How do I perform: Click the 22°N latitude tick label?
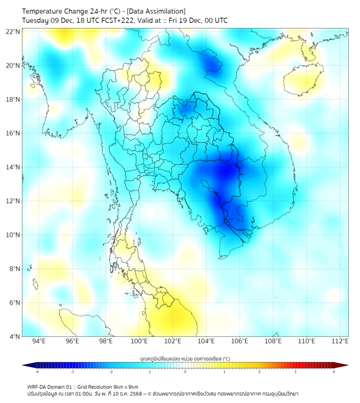coord(13,31)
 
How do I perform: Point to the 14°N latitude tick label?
coord(13,167)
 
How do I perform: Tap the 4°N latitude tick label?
coord(14,337)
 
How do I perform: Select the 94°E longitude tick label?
coord(39,341)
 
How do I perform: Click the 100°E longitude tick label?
coord(139,341)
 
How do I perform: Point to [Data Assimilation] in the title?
coord(157,11)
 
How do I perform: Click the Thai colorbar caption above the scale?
coord(185,358)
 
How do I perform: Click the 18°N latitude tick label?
coord(13,100)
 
